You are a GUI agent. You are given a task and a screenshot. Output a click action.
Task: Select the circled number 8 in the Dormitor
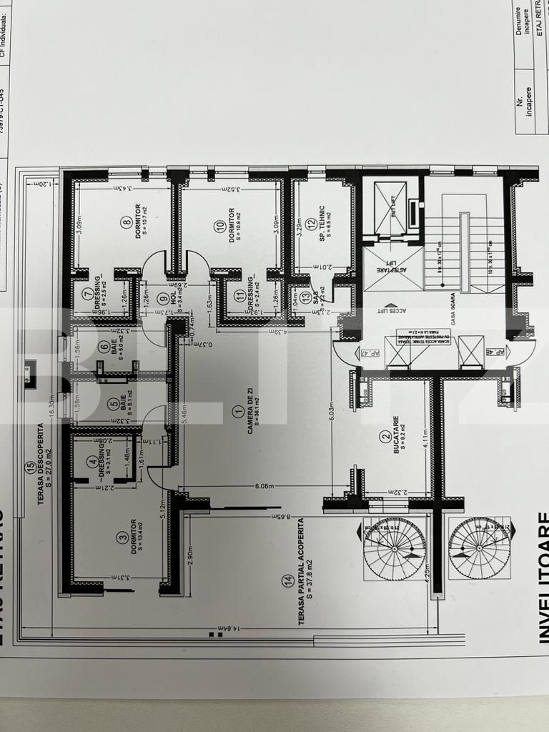coord(127,223)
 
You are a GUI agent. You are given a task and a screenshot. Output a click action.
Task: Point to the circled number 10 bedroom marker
coord(220,226)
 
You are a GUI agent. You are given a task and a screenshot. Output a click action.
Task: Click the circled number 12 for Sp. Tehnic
coord(311,224)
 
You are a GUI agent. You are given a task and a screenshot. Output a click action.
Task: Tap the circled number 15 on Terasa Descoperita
coord(29,468)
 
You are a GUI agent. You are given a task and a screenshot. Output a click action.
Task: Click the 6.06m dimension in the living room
coord(264,486)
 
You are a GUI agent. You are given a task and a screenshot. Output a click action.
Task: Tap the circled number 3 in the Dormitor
coord(123,536)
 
